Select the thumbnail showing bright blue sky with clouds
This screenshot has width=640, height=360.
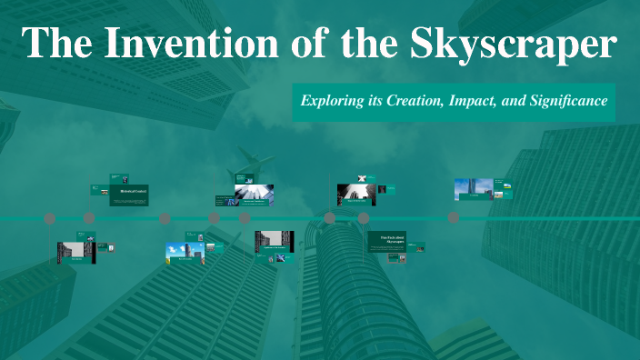point(184,252)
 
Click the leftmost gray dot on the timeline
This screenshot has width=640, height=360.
point(50,218)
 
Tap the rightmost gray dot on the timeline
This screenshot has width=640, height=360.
point(454,218)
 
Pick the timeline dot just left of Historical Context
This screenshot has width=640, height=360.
point(89,218)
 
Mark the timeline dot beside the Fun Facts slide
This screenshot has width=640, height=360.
point(364,218)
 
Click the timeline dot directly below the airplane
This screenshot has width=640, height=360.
point(245,218)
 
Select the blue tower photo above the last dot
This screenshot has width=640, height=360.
point(473,189)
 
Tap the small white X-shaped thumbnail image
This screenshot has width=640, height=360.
point(361,178)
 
